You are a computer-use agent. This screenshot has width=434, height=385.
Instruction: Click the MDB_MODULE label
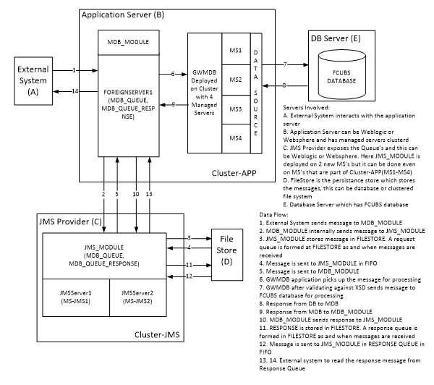click(128, 43)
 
